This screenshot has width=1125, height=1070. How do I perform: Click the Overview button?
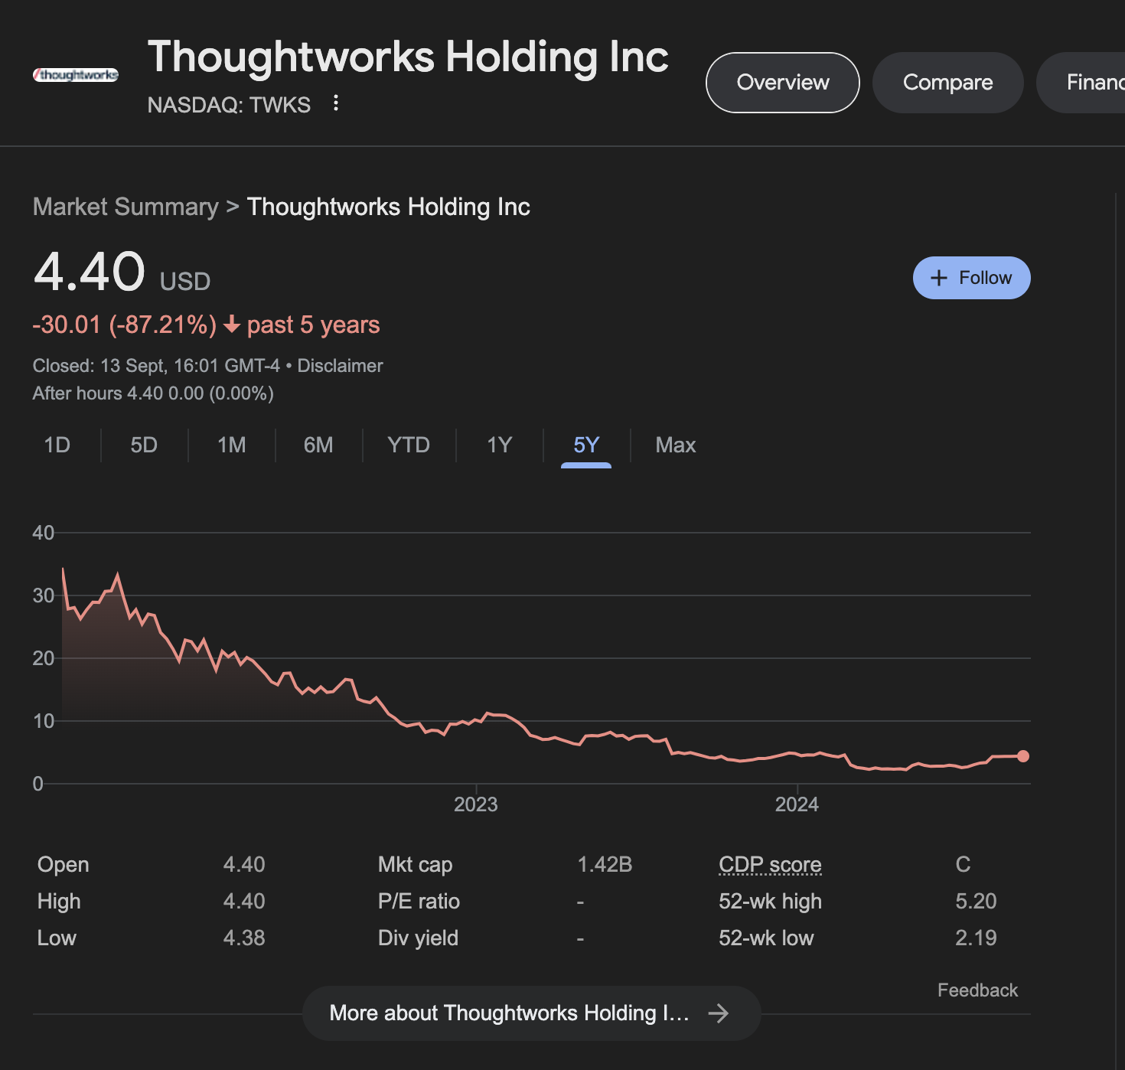tap(782, 83)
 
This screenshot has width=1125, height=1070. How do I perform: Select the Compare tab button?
tap(947, 83)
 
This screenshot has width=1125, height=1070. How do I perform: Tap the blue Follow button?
tap(971, 278)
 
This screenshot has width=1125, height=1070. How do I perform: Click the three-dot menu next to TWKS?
tap(335, 103)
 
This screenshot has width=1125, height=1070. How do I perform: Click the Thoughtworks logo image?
tap(76, 75)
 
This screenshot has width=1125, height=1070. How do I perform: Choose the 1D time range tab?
tap(57, 445)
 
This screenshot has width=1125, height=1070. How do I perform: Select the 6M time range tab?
tap(318, 445)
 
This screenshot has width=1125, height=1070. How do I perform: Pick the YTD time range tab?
tap(409, 445)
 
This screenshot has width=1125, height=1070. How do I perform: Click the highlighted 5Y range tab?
tap(586, 445)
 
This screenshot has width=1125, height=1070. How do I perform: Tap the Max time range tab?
tap(675, 445)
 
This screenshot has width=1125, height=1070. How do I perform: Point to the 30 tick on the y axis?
tap(44, 595)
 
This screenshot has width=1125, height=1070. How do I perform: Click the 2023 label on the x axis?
tap(475, 804)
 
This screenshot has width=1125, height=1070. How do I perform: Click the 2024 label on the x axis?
tap(797, 804)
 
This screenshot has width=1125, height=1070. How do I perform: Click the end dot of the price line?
tap(1023, 756)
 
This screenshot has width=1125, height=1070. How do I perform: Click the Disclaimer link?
tap(340, 366)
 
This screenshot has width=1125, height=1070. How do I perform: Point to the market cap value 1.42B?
tap(605, 865)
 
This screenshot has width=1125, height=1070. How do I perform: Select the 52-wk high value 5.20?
tap(976, 902)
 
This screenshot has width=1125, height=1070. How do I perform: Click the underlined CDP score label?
tap(770, 865)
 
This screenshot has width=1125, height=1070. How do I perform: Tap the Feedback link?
tap(977, 990)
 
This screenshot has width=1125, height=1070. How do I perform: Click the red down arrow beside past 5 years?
tap(232, 325)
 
